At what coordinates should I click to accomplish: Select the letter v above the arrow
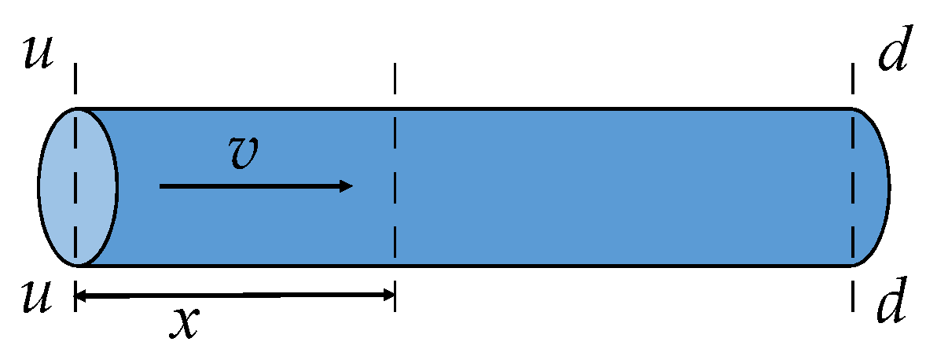[245, 152]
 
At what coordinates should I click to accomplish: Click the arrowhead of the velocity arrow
[347, 186]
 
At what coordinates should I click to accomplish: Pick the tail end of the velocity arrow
[161, 186]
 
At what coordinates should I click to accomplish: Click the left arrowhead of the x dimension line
[79, 296]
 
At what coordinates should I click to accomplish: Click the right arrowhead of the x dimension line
[389, 296]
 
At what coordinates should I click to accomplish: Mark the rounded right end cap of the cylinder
[873, 186]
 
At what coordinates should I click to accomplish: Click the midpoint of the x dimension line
[234, 296]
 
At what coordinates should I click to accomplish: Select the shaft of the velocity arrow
[252, 186]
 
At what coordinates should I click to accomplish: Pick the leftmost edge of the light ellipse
[40, 186]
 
